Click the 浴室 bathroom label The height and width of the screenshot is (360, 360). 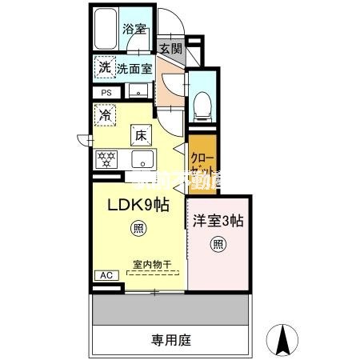tap(133, 29)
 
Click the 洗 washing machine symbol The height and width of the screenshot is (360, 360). tap(104, 68)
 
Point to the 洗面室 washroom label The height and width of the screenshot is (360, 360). tap(134, 69)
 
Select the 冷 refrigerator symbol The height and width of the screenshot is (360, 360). tap(105, 116)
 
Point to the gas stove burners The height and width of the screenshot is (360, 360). tap(107, 158)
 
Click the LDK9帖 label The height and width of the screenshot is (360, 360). tap(138, 204)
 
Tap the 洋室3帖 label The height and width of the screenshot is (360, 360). tap(218, 222)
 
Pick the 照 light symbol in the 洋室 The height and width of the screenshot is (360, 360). tap(218, 244)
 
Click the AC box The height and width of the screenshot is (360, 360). tap(106, 275)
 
